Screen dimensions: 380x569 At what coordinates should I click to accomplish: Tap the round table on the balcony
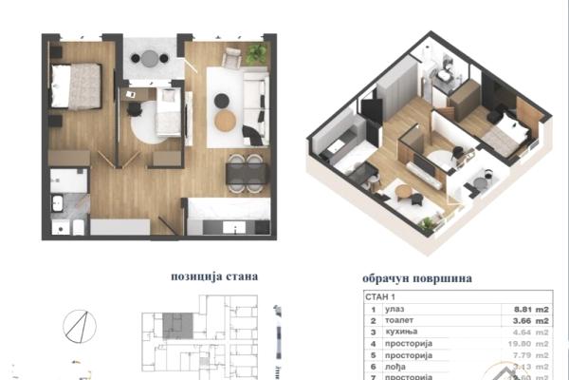(150, 60)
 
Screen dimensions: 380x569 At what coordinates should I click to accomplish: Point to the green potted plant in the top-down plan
(256, 54)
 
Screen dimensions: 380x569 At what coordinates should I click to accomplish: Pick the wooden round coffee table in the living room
(225, 122)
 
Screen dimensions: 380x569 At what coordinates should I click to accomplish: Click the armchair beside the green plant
(231, 57)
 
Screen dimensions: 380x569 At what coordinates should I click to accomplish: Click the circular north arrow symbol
(80, 326)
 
